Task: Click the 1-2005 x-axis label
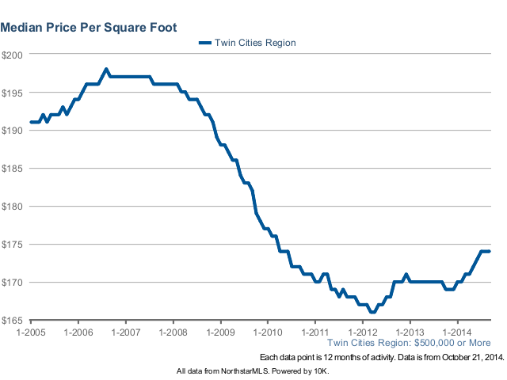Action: pyautogui.click(x=30, y=332)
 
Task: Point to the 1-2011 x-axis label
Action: pyautogui.click(x=315, y=332)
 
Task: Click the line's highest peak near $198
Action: pyautogui.click(x=106, y=69)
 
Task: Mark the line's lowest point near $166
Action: pyautogui.click(x=372, y=312)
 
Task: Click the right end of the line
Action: pyautogui.click(x=490, y=252)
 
